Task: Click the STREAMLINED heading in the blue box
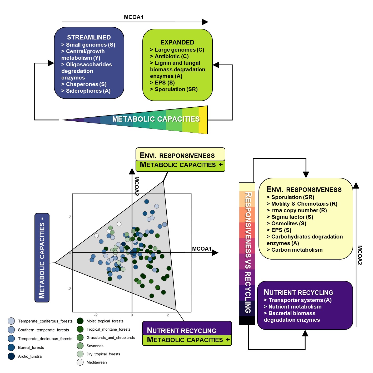click(x=89, y=37)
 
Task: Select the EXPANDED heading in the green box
click(x=177, y=42)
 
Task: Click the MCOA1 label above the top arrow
click(x=133, y=17)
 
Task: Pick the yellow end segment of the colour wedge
click(x=203, y=120)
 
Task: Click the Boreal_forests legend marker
click(x=11, y=347)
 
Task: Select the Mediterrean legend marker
click(x=80, y=362)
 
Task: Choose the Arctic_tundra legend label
click(x=30, y=356)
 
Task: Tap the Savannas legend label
click(x=95, y=346)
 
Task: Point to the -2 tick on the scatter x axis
click(x=96, y=315)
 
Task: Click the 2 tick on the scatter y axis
click(x=70, y=217)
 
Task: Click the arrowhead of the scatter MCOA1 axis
click(x=215, y=253)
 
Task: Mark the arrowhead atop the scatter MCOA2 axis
click(x=132, y=171)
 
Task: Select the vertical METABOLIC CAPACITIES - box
click(x=42, y=257)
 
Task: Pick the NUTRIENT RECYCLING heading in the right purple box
click(x=298, y=292)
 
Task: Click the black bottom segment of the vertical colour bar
click(x=247, y=320)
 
